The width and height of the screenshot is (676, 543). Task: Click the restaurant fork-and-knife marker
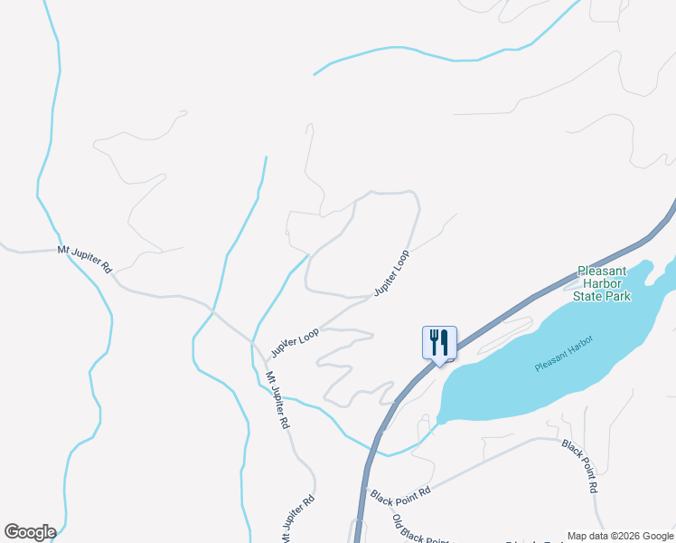point(439,343)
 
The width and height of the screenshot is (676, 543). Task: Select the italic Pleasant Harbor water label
point(562,353)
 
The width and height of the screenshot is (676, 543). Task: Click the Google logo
point(30,532)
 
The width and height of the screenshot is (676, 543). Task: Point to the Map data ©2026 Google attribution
point(621,536)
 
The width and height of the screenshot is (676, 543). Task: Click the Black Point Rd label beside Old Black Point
point(400,494)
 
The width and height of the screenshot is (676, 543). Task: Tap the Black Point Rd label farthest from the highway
point(580,466)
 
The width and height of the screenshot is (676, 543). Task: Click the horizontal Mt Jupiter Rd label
point(84,257)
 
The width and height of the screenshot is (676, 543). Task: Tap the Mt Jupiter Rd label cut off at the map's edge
point(296,515)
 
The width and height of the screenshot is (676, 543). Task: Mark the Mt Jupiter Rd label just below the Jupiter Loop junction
point(277,399)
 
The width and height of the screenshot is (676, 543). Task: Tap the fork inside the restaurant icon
point(434,341)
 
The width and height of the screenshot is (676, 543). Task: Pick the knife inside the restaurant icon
point(444,341)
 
